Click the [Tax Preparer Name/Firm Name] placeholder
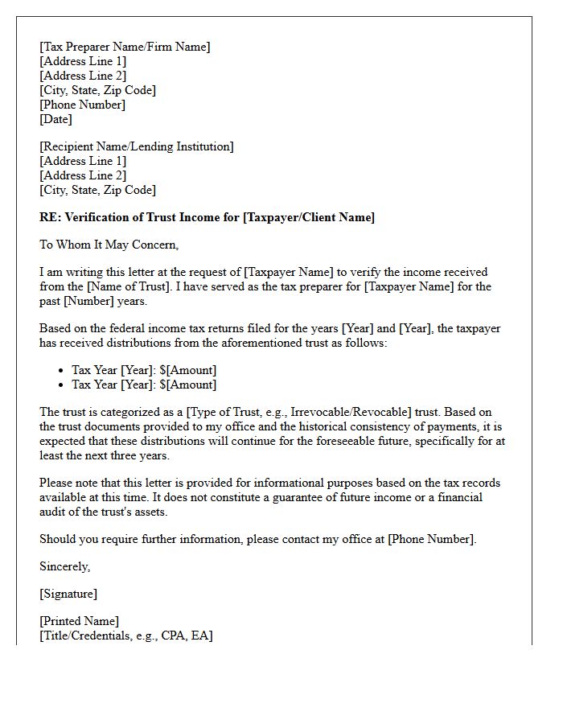click(x=125, y=47)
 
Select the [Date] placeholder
click(x=55, y=119)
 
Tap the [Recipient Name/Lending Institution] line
click(x=137, y=146)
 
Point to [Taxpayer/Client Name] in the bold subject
click(x=308, y=217)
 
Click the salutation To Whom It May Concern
click(x=109, y=245)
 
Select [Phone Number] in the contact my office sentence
click(x=430, y=539)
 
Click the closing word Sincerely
click(x=64, y=566)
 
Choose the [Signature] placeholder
click(x=68, y=594)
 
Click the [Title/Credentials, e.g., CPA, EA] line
click(x=126, y=636)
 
